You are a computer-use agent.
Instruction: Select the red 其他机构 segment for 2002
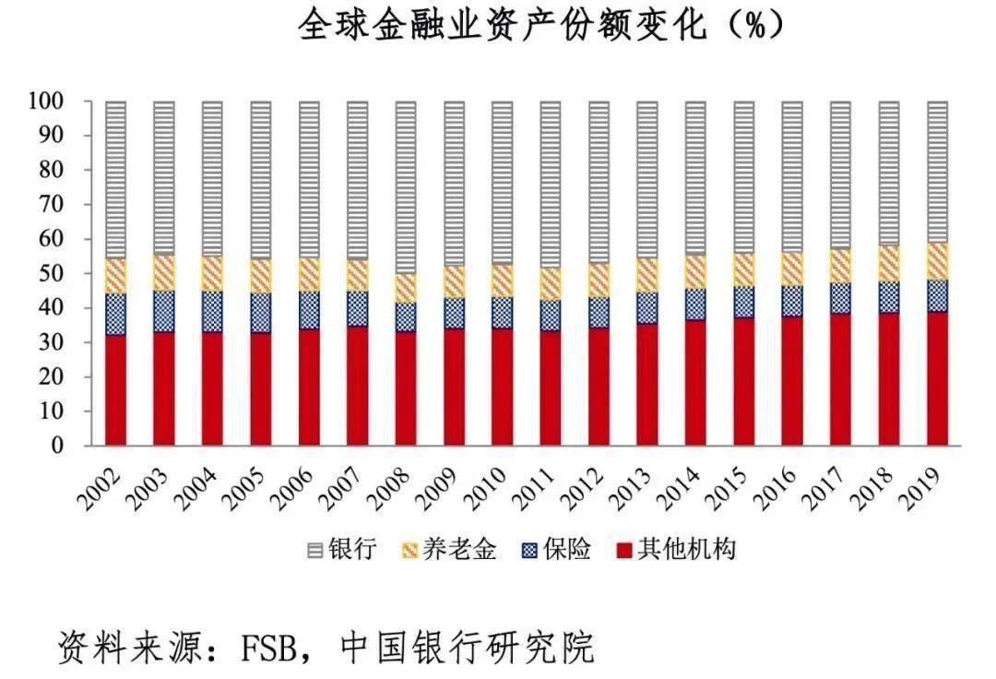tap(115, 389)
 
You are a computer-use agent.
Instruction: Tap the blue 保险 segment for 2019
tap(938, 296)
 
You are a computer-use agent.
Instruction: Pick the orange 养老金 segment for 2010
tap(502, 280)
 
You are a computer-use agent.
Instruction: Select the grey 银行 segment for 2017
tap(839, 174)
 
